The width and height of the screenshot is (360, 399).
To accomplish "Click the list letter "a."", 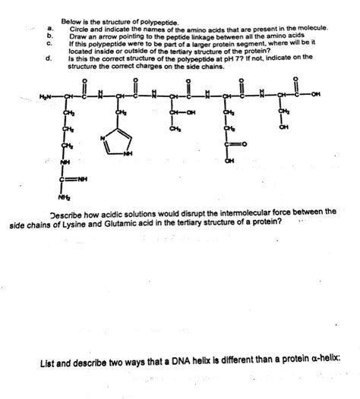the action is pyautogui.click(x=49, y=28).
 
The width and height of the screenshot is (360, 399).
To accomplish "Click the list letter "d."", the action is pyautogui.click(x=49, y=57).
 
